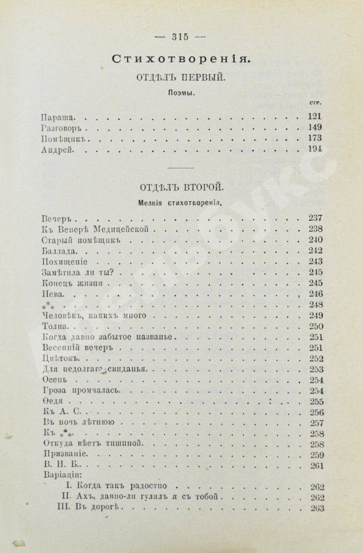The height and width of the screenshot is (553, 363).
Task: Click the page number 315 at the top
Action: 179,36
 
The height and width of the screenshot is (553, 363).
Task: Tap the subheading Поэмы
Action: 179,92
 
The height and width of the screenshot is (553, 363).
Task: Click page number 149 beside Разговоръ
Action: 315,127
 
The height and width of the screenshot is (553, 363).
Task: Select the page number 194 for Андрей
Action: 315,151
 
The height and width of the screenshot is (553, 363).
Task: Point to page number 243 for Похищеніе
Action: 316,261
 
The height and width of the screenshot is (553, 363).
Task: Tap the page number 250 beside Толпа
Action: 316,326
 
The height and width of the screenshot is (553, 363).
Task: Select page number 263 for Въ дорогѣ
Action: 316,508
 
